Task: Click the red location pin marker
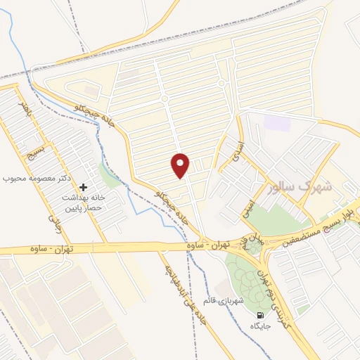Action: click(x=181, y=165)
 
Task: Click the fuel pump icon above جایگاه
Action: click(x=261, y=314)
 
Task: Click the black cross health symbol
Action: click(x=84, y=187)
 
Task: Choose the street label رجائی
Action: click(x=51, y=224)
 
